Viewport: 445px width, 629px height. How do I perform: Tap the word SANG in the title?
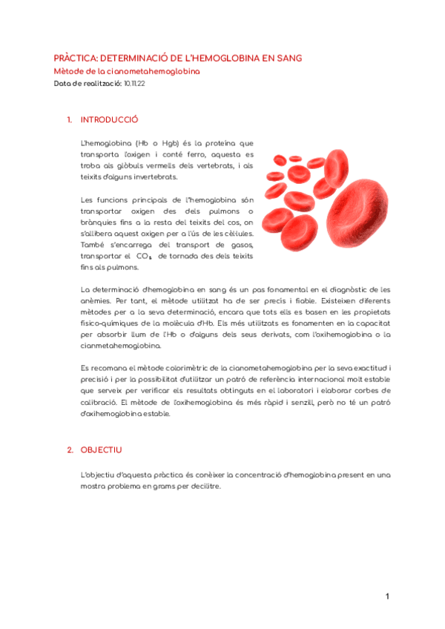[x=288, y=58]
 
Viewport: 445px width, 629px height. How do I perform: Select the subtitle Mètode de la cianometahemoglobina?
[x=127, y=71]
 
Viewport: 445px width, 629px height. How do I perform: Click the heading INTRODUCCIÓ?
[x=109, y=119]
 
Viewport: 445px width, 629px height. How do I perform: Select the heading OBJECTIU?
[x=102, y=449]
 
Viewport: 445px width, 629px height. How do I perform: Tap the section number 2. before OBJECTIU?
[x=70, y=449]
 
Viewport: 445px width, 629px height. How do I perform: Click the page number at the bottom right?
[x=386, y=596]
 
